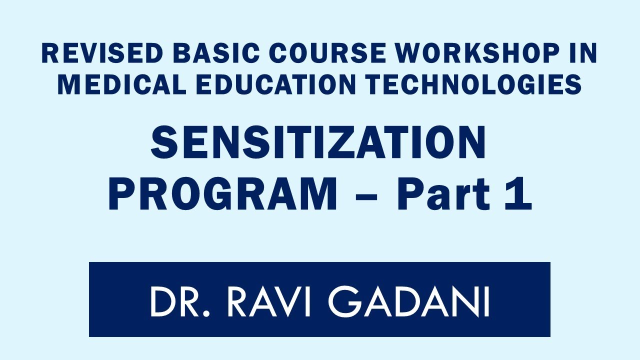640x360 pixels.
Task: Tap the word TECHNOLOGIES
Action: (472, 85)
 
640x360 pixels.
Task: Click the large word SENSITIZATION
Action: (318, 142)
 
